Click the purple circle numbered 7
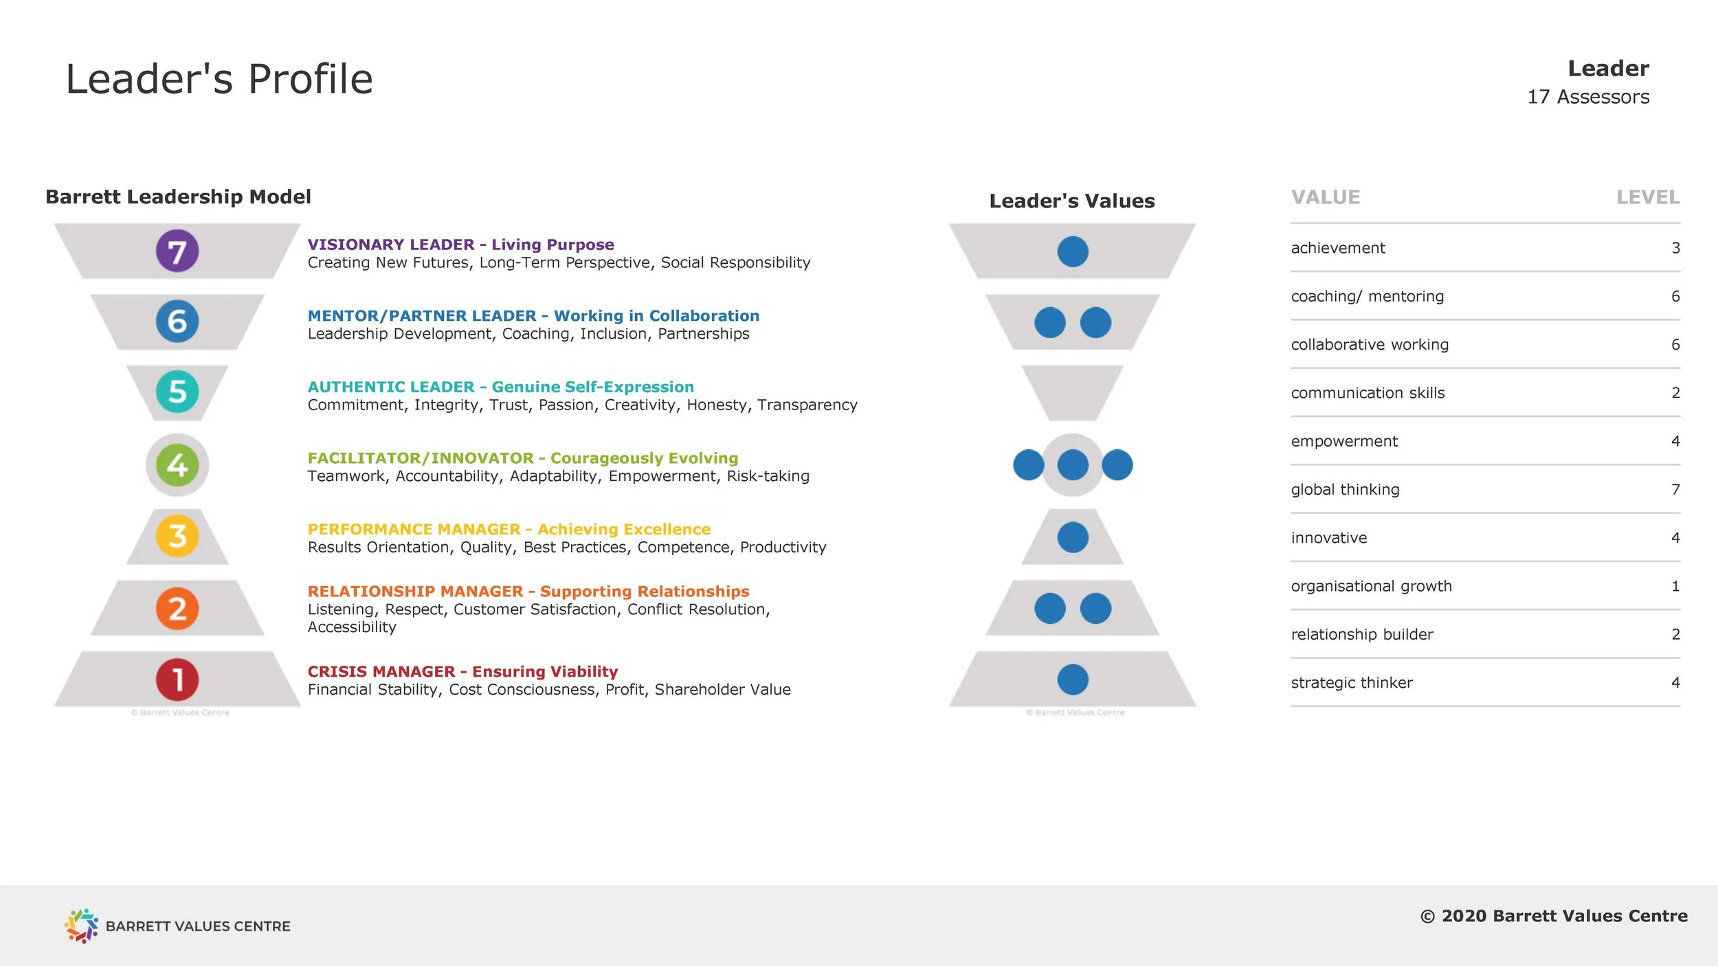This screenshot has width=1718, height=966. (177, 251)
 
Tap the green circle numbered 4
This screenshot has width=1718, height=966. (177, 465)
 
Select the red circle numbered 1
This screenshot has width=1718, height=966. (177, 679)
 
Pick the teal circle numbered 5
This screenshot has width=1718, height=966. (177, 392)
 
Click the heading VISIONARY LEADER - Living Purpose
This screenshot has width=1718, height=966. (460, 245)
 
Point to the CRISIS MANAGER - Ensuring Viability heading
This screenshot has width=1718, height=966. (462, 671)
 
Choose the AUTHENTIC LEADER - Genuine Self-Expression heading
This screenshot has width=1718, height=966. (500, 387)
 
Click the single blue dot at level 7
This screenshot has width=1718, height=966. (1073, 251)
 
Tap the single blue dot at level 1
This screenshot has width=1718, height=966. (1073, 679)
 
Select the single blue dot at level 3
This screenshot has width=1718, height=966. (1073, 537)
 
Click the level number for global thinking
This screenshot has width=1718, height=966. (1675, 489)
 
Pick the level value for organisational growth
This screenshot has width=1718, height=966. (1675, 586)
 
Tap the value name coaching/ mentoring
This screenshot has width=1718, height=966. (1367, 296)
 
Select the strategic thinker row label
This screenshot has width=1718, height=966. (1351, 683)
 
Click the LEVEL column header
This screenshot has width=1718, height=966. (1647, 198)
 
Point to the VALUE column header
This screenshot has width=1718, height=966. (1325, 198)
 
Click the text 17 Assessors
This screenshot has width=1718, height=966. (1587, 97)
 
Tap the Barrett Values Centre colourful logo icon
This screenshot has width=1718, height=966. (81, 925)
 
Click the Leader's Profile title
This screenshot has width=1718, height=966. (219, 79)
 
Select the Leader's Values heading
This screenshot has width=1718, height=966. (1071, 201)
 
